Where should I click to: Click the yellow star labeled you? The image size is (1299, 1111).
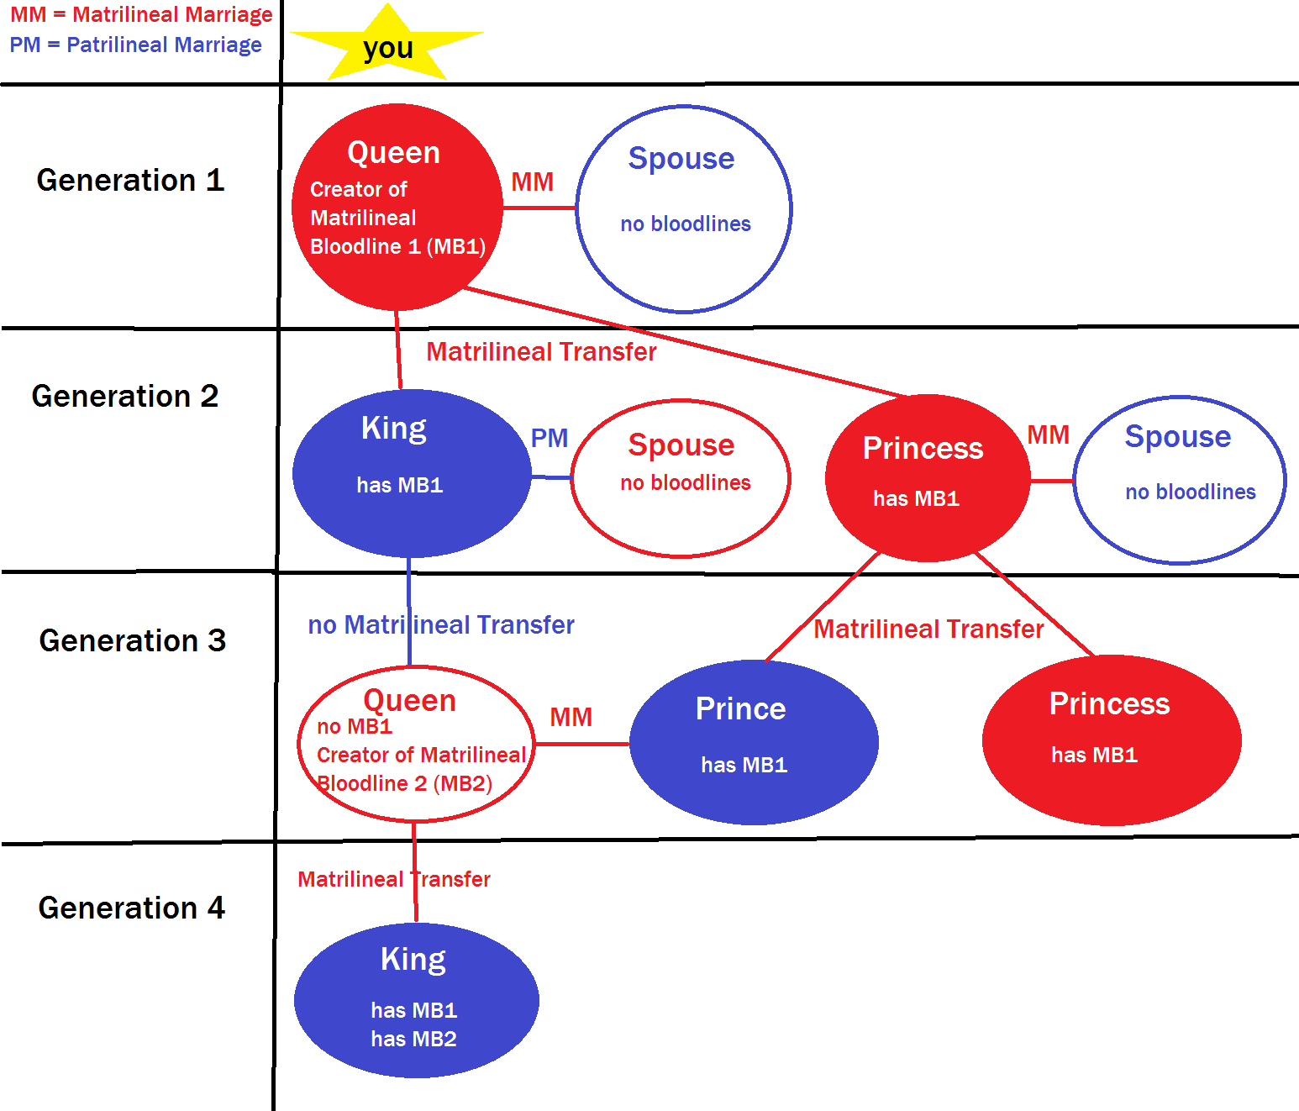pos(387,45)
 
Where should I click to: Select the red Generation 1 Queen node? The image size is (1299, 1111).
pos(397,207)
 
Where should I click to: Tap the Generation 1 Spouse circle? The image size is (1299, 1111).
pos(684,208)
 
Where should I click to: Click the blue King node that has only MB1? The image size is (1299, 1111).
pos(411,473)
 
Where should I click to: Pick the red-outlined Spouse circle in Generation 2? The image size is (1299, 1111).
pos(681,478)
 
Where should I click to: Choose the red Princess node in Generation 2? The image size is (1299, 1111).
pos(927,478)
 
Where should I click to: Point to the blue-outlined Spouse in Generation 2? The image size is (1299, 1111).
pos(1179,480)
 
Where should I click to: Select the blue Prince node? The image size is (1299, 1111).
pos(753,742)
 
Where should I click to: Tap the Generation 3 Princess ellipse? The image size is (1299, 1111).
pos(1111,740)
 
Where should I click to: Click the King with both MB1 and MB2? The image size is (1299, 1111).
pos(416,1000)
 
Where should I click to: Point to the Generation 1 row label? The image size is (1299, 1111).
pos(130,180)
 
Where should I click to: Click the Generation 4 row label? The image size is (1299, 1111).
pos(131,908)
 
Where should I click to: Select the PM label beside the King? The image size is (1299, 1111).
pos(550,438)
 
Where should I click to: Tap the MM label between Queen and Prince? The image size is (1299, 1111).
pos(571,717)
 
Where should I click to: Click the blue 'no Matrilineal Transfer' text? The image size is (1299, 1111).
pos(441,624)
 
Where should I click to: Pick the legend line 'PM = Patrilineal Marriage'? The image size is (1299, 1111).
pos(135,45)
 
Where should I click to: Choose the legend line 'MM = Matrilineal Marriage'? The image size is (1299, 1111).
pos(141,14)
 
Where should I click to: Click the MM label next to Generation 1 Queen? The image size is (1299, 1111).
pos(532,182)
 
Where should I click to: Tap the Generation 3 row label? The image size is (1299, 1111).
pos(132,640)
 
